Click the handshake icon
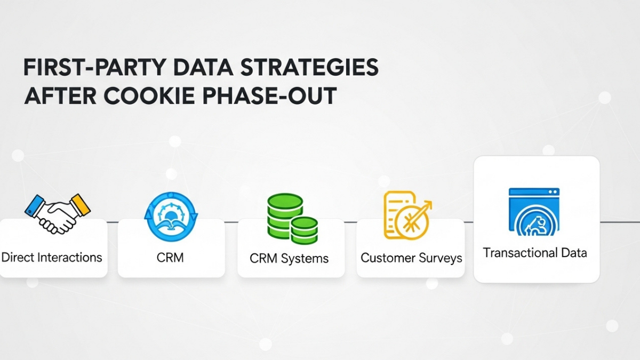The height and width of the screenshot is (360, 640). point(58,212)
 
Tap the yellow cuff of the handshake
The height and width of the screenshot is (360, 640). point(80,204)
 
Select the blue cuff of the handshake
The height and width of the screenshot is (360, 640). point(34,205)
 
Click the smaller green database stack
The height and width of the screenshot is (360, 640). point(305,230)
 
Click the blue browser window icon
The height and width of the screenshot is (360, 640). point(534,211)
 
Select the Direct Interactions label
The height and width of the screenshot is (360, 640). point(52,257)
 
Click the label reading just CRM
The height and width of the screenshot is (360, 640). point(171,258)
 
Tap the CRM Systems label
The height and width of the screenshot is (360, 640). point(289,259)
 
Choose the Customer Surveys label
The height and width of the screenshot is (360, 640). point(411,258)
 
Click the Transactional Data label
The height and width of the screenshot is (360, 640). point(535,252)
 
